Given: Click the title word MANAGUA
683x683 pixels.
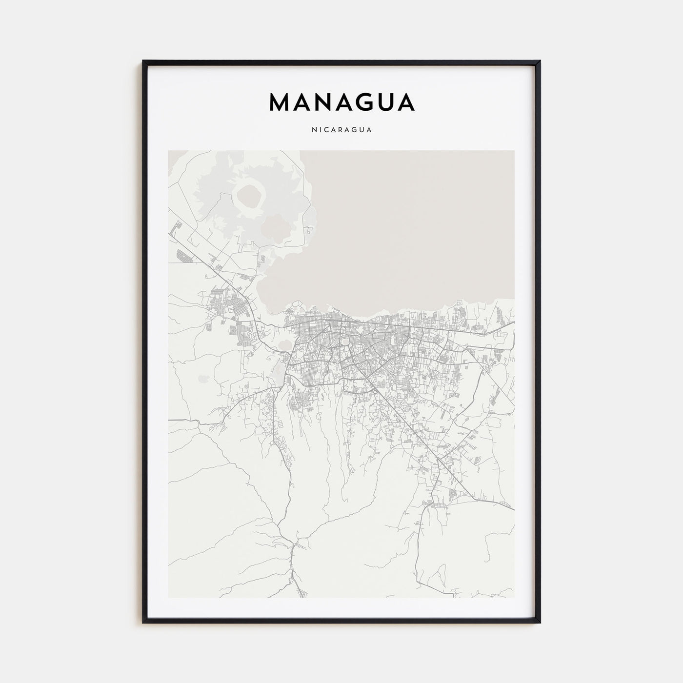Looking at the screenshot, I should click(341, 102).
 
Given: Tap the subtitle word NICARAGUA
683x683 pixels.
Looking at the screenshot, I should click(341, 130).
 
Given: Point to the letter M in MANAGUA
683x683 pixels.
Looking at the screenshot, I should click(280, 102).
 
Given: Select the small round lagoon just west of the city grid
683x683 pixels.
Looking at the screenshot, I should click(283, 345).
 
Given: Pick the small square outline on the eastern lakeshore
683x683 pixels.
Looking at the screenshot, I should click(459, 304).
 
